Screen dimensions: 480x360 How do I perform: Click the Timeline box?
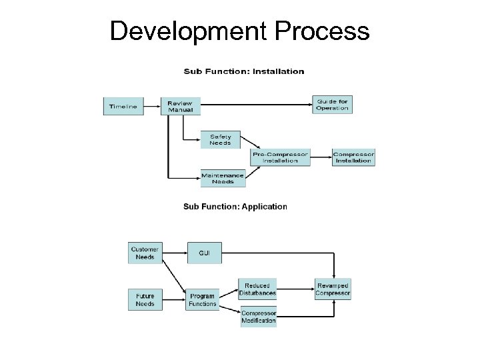123,106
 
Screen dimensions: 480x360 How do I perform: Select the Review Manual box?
180,106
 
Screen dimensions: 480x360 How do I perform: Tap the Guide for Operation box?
331,105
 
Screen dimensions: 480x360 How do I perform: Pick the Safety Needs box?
220,139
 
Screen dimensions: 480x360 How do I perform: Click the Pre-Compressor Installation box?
280,157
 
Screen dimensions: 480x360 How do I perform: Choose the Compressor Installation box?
353,157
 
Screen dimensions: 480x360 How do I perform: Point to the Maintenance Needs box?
223,178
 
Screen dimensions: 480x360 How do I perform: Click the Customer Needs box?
145,253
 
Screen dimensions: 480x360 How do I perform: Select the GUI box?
204,253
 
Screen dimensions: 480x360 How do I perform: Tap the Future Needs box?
145,299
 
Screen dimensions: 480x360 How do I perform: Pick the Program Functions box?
202,300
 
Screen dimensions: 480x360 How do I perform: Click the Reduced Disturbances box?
257,289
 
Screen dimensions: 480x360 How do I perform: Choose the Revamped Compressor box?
333,289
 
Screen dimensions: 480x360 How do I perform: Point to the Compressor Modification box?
258,317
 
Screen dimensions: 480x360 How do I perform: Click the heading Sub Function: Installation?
244,71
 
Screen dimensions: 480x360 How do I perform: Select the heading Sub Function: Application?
235,207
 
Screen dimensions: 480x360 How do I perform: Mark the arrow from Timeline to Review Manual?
152,106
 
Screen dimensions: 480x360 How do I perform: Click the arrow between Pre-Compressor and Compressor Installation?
321,157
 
